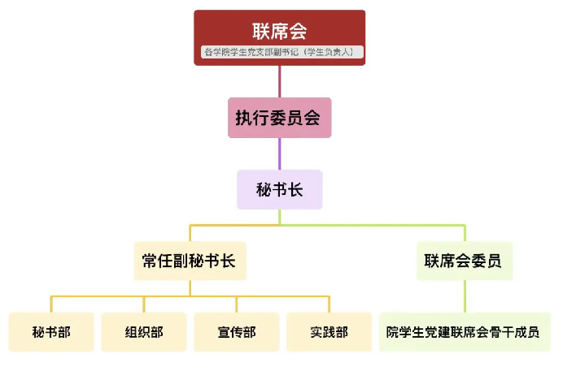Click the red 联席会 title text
pos(279,31)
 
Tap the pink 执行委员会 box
pos(279,118)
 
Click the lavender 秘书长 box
pos(279,190)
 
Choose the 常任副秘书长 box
pos(190,261)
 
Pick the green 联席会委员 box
pos(464,261)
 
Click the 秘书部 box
pos(51,332)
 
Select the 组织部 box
pos(144,332)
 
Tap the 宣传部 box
pos(237,332)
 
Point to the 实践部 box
pos(330,332)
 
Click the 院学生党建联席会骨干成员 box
pos(463,332)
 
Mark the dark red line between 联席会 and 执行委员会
pos(279,81)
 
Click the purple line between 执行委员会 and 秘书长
pos(279,153)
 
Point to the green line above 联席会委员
pos(465,233)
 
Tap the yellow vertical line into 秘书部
pos(51,304)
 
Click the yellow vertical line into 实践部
pos(330,304)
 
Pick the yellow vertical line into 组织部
pos(144,304)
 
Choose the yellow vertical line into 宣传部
pos(237,304)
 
